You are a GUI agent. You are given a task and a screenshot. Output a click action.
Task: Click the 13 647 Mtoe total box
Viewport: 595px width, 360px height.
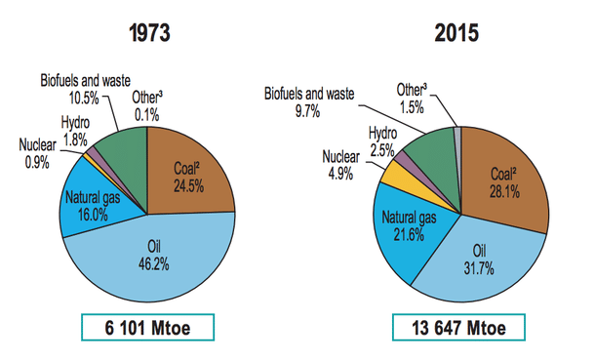coord(457,327)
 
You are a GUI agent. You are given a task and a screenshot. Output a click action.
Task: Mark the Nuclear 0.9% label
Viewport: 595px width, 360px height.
coord(38,154)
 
